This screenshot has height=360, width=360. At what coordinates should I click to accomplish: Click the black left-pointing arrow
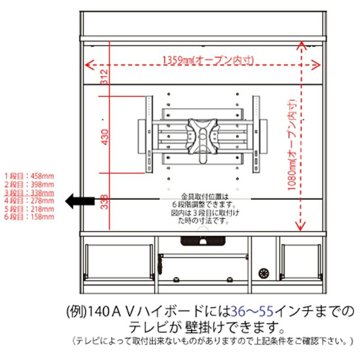point(80,201)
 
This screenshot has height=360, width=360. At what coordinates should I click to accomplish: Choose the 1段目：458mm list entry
point(29,176)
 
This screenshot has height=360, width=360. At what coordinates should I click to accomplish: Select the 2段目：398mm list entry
point(29,184)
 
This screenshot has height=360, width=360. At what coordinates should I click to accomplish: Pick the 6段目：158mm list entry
point(29,216)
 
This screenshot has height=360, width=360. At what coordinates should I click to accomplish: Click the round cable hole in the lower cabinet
point(264,273)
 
